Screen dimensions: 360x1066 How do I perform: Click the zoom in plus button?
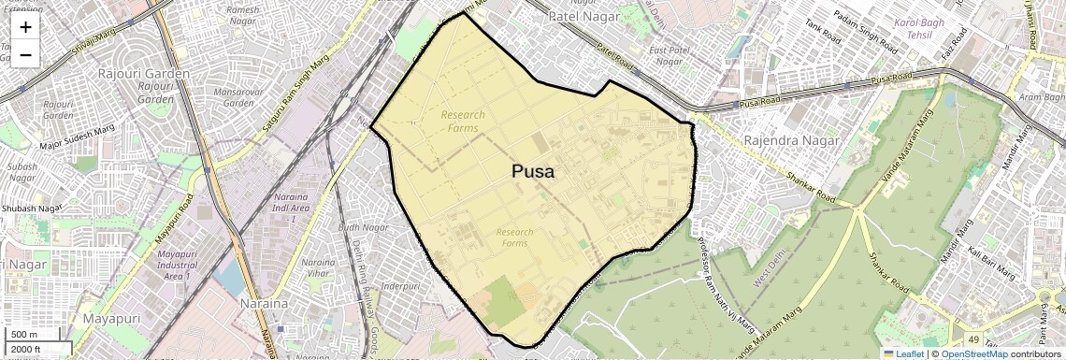point(25,27)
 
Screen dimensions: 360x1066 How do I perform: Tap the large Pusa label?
point(532,172)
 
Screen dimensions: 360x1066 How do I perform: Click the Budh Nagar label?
point(363,227)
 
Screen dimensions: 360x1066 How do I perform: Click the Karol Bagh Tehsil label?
point(919,28)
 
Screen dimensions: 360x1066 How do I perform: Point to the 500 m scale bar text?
point(24,334)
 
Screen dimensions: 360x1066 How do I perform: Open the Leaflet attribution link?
point(903,353)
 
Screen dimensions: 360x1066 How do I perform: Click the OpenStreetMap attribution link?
point(973,353)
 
